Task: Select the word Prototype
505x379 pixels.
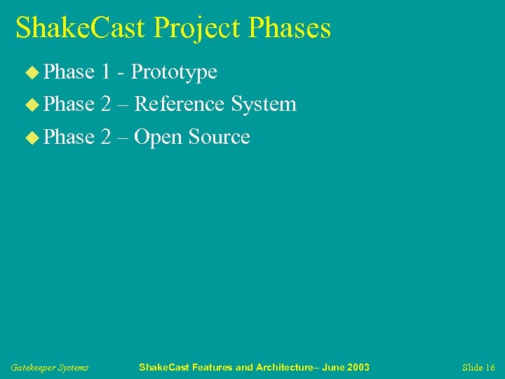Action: click(x=174, y=72)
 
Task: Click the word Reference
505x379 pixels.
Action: click(x=179, y=104)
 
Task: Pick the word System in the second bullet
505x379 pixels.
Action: click(x=264, y=105)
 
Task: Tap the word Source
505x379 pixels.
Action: click(x=219, y=137)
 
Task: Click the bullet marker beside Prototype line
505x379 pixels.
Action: click(x=33, y=72)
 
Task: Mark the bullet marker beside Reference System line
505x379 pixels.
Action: click(x=33, y=105)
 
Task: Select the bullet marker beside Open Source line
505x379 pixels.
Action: click(x=33, y=137)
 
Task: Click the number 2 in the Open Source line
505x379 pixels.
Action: click(x=106, y=137)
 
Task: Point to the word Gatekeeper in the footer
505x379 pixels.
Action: click(x=32, y=368)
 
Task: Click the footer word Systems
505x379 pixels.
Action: click(x=73, y=368)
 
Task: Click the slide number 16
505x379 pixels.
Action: click(x=489, y=368)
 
